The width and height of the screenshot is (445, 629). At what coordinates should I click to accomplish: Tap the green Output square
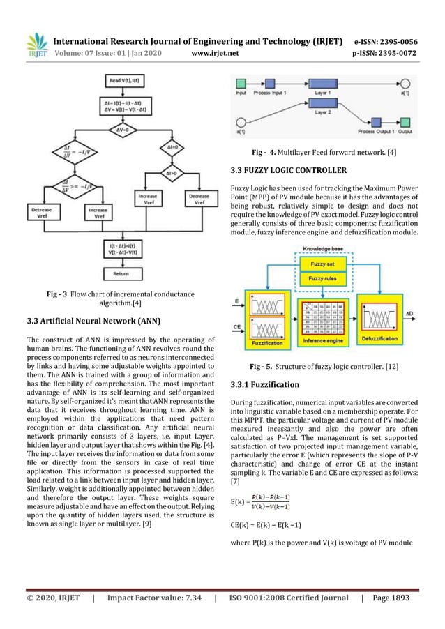click(405, 121)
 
